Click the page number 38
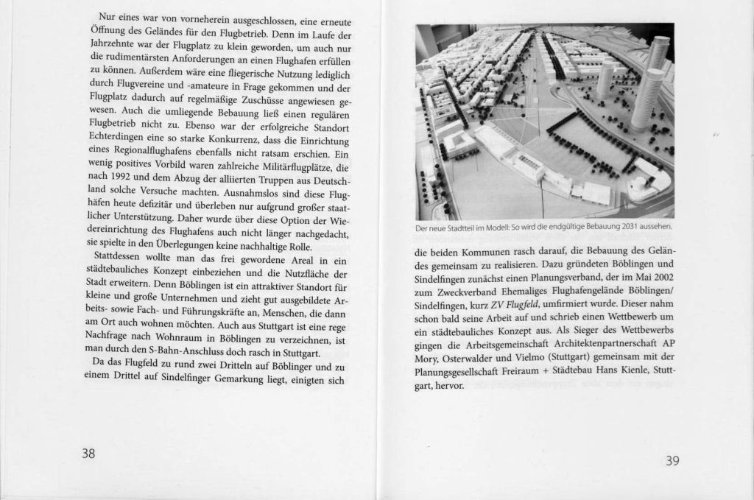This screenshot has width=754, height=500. (88, 454)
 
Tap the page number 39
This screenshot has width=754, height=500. (672, 461)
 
